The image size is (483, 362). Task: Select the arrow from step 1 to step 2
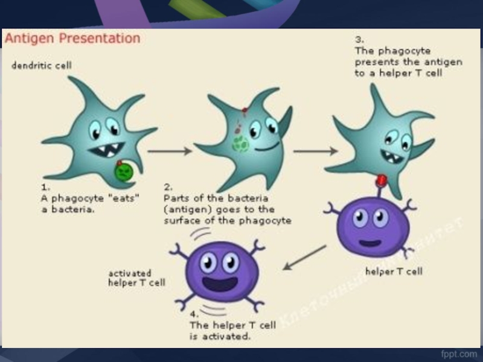click(170, 151)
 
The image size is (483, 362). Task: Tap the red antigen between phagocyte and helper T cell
click(382, 180)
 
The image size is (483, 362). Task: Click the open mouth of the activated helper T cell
click(219, 282)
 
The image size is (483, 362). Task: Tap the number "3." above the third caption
click(359, 39)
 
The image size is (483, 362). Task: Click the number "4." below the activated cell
click(194, 314)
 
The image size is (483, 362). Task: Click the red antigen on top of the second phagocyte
click(245, 111)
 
